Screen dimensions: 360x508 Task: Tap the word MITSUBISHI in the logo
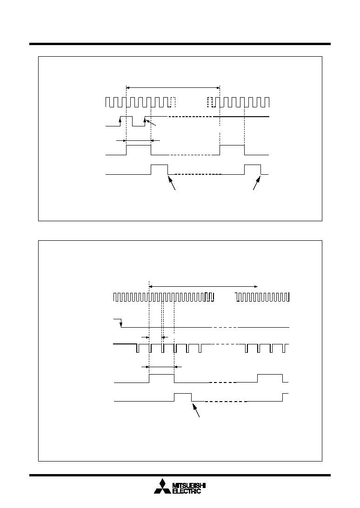coord(189,485)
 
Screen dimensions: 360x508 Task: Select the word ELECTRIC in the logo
coord(187,491)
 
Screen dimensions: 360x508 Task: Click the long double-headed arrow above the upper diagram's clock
coord(173,87)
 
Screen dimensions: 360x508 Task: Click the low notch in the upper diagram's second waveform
coord(139,121)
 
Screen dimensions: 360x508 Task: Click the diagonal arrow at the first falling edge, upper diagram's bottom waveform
coord(172,182)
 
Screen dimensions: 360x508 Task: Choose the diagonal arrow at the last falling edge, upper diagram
coord(257,182)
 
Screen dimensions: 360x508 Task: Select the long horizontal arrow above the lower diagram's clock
coord(203,286)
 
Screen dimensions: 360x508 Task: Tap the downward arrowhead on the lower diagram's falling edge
coord(121,324)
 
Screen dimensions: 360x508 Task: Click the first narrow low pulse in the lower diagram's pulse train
coord(138,348)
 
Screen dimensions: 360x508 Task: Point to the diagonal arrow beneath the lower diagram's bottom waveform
coord(195,409)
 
